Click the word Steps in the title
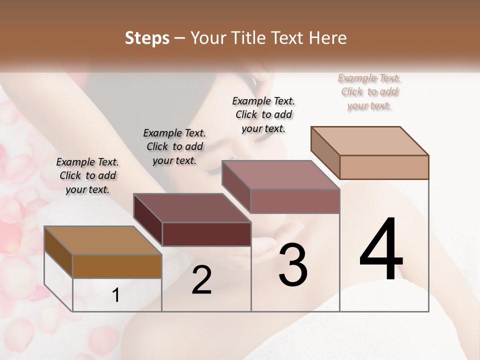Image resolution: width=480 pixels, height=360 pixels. [x=147, y=38]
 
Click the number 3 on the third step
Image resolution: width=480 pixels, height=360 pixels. [x=293, y=264]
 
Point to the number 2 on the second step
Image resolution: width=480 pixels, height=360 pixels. [x=201, y=280]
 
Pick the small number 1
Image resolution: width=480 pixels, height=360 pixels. [x=116, y=295]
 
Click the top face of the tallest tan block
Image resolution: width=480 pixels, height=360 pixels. [x=370, y=140]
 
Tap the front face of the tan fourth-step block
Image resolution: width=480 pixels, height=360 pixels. [x=384, y=167]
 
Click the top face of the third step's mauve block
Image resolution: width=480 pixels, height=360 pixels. [x=281, y=175]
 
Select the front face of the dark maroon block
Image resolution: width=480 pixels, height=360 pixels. [x=206, y=234]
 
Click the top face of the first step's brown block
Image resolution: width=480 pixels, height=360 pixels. [x=103, y=240]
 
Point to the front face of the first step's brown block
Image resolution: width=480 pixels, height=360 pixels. [x=117, y=266]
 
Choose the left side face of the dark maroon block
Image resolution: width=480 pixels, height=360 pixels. [x=147, y=220]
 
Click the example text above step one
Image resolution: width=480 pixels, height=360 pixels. [x=87, y=175]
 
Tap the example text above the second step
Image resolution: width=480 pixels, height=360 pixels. [x=174, y=146]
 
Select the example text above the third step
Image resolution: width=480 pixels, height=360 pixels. [x=263, y=114]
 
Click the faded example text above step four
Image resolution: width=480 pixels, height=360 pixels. [x=369, y=91]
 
